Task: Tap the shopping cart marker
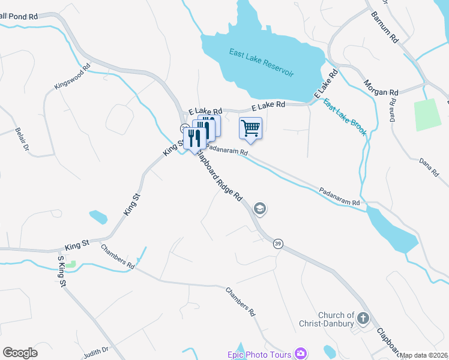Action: pyautogui.click(x=250, y=128)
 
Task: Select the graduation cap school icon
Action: pyautogui.click(x=260, y=209)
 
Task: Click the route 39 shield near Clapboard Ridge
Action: pyautogui.click(x=278, y=244)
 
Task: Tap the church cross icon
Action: pyautogui.click(x=363, y=317)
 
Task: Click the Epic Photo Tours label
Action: pyautogui.click(x=259, y=355)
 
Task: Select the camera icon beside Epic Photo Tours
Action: pyautogui.click(x=300, y=354)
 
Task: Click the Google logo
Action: pyautogui.click(x=20, y=353)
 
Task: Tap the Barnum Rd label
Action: pyautogui.click(x=385, y=26)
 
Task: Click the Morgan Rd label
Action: pyautogui.click(x=381, y=88)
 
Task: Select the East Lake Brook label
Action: pyautogui.click(x=345, y=117)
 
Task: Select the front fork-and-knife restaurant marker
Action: pyautogui.click(x=194, y=138)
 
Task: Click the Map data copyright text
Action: pyautogui.click(x=424, y=355)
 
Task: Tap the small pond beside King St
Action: pyautogui.click(x=98, y=216)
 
